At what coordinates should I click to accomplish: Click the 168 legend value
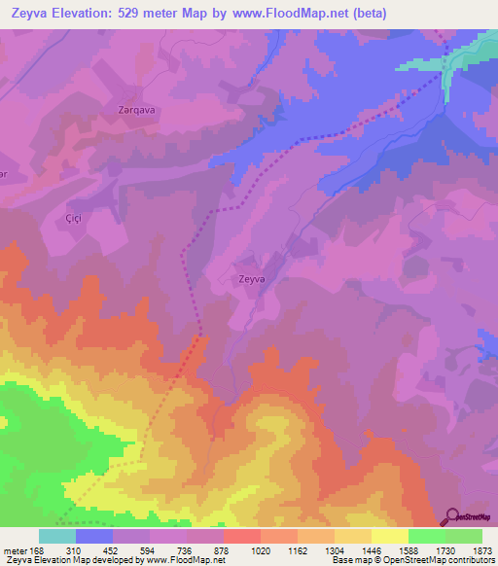pos(37,550)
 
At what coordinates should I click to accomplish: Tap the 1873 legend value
pos(480,550)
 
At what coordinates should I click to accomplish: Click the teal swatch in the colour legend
pos(57,536)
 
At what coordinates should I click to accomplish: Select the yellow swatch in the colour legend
pos(389,536)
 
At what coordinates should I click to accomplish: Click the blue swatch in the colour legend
pos(94,536)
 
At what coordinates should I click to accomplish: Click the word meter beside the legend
pos(14,550)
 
